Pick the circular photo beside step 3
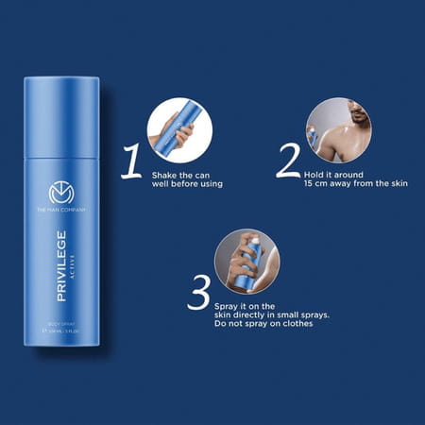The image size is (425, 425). [246, 260]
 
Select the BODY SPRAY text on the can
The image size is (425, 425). [60, 324]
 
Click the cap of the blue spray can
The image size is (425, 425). [60, 113]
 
